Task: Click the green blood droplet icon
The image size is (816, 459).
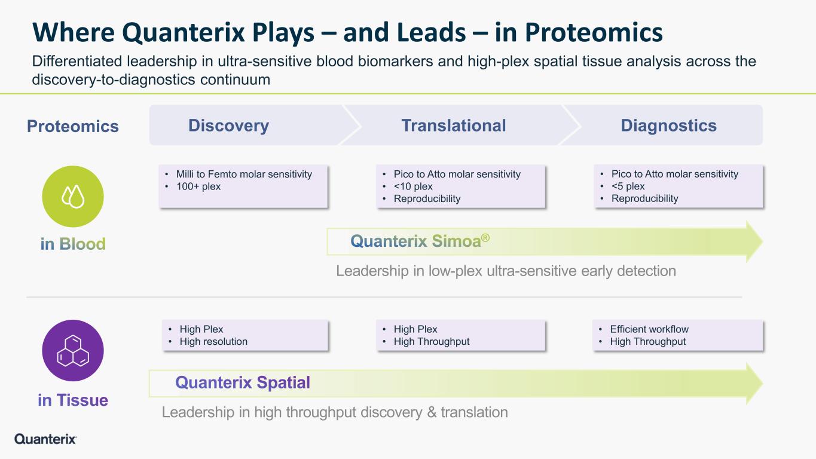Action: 73,197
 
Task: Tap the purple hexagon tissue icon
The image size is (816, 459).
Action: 73,350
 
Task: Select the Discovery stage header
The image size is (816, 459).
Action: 228,126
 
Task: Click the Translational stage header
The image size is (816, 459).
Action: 454,126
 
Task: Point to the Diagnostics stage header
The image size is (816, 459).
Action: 668,126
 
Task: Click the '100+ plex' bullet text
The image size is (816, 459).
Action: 198,186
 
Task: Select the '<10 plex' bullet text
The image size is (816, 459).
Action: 413,186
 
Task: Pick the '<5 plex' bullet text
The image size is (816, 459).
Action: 628,186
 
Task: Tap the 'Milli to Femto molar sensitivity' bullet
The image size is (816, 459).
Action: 244,174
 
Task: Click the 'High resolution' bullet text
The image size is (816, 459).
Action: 213,341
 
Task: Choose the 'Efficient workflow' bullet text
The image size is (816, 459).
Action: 649,329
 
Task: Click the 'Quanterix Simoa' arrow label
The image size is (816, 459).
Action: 420,241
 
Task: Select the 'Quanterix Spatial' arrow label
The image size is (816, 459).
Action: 243,382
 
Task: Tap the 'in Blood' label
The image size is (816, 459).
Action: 73,244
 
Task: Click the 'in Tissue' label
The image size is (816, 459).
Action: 73,400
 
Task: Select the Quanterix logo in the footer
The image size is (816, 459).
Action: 45,439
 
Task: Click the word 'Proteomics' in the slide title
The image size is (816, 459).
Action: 594,33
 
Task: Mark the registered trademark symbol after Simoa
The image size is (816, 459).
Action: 485,238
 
